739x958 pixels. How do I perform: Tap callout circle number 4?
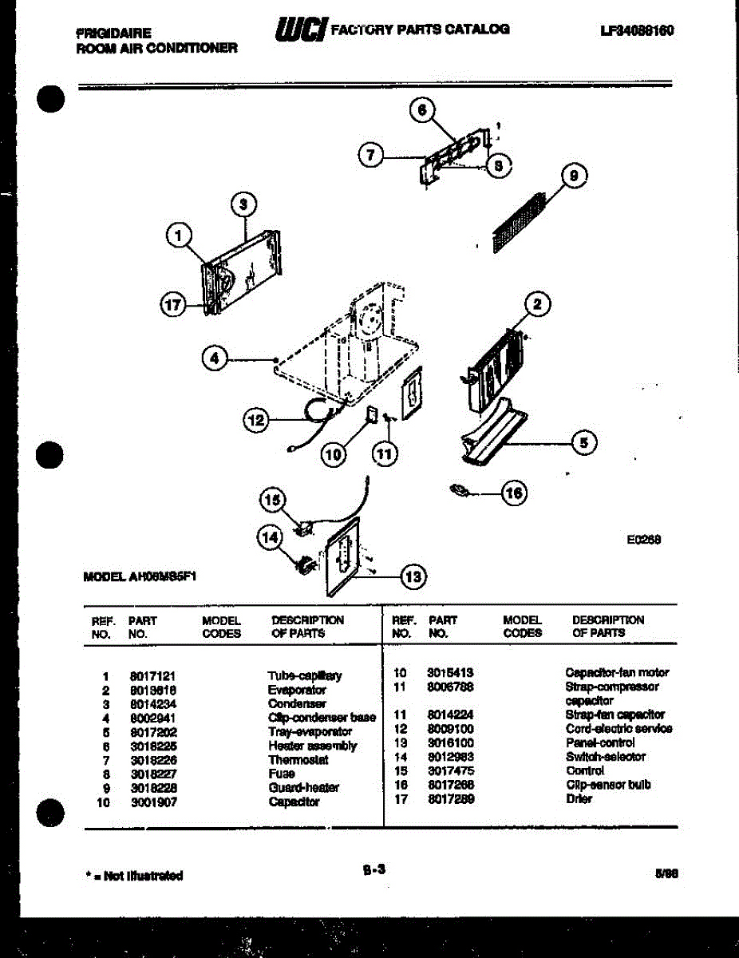213,360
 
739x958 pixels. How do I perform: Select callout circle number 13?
412,576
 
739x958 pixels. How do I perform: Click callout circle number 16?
514,493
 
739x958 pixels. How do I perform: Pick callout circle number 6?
423,111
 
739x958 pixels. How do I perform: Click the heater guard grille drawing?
518,222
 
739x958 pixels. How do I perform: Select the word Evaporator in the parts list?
297,690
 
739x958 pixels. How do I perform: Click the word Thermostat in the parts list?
298,760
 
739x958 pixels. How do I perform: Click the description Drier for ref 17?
579,798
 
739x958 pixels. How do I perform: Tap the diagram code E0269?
643,539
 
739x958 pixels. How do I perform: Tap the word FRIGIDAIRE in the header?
113,34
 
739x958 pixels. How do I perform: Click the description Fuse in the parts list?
282,774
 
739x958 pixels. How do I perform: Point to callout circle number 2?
538,304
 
